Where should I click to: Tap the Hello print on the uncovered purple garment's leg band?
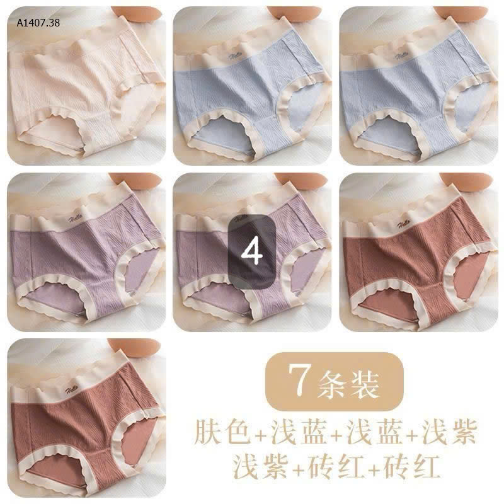[130, 290]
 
